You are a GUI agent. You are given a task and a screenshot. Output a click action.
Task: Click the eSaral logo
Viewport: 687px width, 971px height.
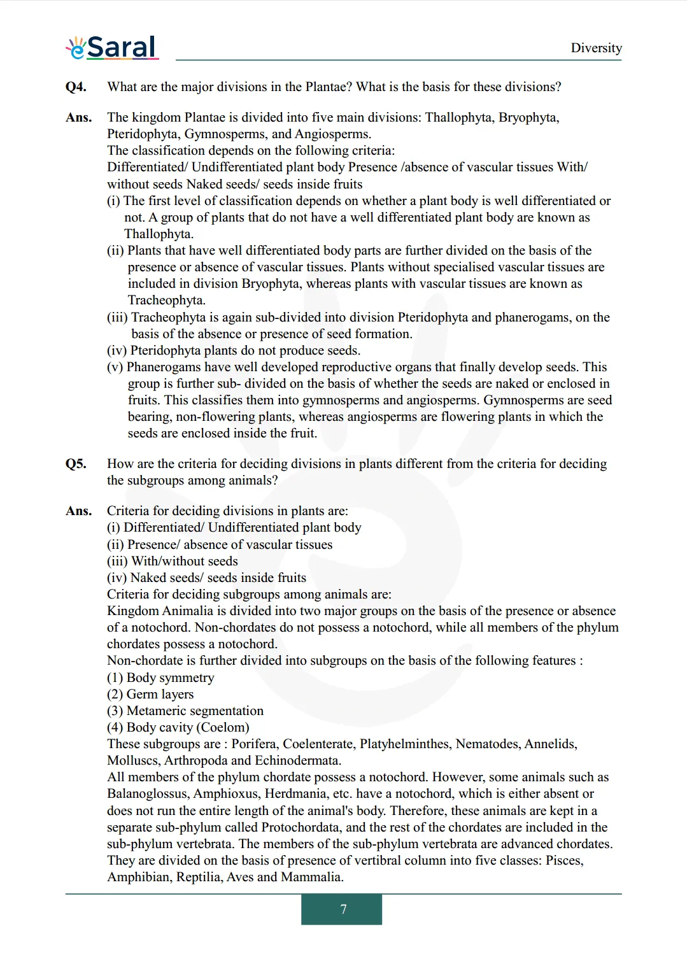tap(112, 48)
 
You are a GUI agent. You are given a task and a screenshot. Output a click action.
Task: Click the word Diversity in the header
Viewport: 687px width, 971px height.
tap(596, 48)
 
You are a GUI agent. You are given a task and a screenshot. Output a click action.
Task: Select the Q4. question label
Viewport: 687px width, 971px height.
tap(76, 87)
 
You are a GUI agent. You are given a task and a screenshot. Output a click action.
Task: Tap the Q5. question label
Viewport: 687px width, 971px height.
tap(76, 464)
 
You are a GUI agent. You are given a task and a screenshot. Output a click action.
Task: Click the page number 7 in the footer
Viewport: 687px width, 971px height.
tap(343, 909)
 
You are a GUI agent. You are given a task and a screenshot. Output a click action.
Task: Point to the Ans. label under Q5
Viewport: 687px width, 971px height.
tap(78, 511)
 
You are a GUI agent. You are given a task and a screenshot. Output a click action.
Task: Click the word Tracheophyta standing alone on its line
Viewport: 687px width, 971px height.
tap(166, 300)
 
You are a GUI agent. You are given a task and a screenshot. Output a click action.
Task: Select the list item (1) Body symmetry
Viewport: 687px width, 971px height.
tap(160, 677)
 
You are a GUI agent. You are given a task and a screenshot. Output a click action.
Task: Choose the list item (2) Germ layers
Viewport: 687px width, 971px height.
tap(150, 694)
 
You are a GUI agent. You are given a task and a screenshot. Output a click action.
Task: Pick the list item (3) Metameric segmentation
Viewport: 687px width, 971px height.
tap(185, 711)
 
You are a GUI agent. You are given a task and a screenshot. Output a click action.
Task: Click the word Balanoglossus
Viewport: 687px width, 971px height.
tap(147, 793)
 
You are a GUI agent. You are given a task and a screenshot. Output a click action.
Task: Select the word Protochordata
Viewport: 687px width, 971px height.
tap(302, 827)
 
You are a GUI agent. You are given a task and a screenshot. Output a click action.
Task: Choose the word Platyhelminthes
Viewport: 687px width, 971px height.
tap(404, 744)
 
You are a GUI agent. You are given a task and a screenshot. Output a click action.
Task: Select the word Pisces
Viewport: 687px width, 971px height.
tap(563, 860)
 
